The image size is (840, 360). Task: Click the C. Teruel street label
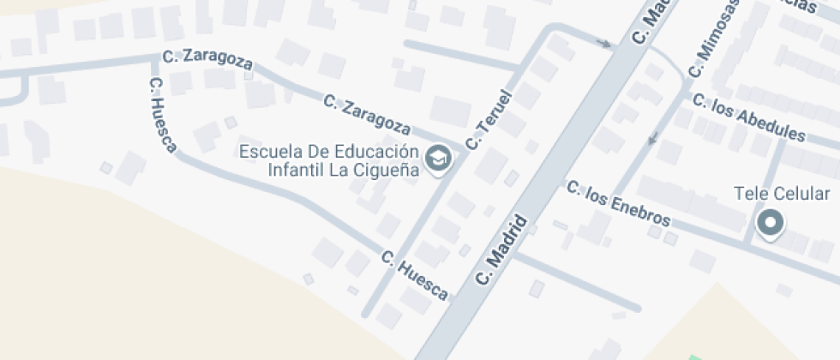pyautogui.click(x=488, y=120)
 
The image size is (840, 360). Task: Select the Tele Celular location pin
pyautogui.click(x=771, y=224)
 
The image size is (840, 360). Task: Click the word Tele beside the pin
pyautogui.click(x=750, y=194)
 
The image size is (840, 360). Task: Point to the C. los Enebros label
pyautogui.click(x=617, y=205)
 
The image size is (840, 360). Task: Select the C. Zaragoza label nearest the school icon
pyautogui.click(x=368, y=114)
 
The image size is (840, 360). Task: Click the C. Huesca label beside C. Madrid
pyautogui.click(x=414, y=275)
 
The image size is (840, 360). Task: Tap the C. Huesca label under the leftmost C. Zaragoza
pyautogui.click(x=162, y=117)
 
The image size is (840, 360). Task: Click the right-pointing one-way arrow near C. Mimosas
pyautogui.click(x=605, y=43)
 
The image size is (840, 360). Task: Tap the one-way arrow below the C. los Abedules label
pyautogui.click(x=653, y=137)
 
